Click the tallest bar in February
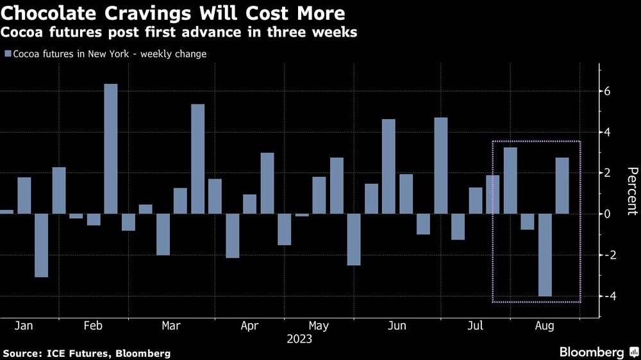[x=111, y=149]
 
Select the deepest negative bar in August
[x=545, y=255]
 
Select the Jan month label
[x=24, y=326]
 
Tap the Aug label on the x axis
[x=545, y=326]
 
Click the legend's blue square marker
[x=7, y=54]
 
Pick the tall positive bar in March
[x=198, y=159]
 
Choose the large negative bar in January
[x=41, y=245]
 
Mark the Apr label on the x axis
[x=249, y=326]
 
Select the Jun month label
[x=397, y=326]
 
